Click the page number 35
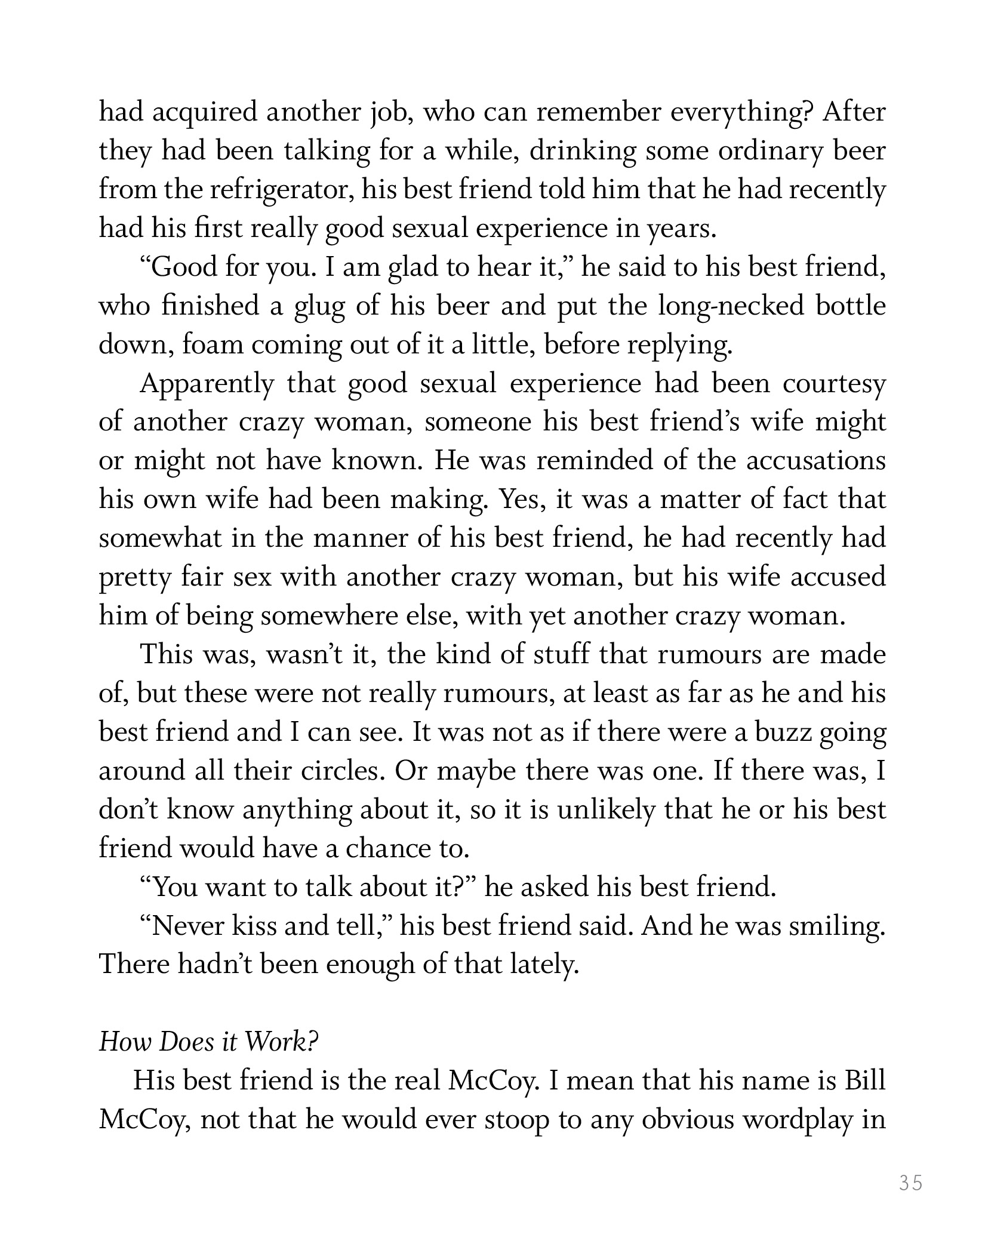[910, 1183]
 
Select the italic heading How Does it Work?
[208, 1042]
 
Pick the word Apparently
[206, 384]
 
